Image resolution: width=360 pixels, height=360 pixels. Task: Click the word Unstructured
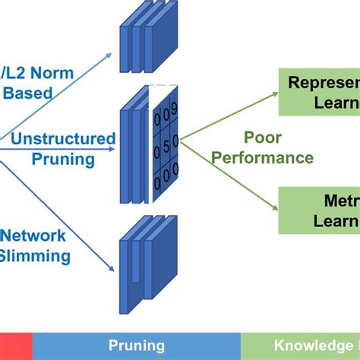(x=64, y=139)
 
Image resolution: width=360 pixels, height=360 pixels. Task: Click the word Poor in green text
(x=262, y=137)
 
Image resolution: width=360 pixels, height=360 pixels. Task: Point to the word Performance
(x=262, y=158)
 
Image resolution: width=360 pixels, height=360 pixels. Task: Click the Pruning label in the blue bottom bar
(x=136, y=346)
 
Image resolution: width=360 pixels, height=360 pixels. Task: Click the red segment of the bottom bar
(x=15, y=346)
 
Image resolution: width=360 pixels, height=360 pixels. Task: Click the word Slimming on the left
(x=34, y=256)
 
